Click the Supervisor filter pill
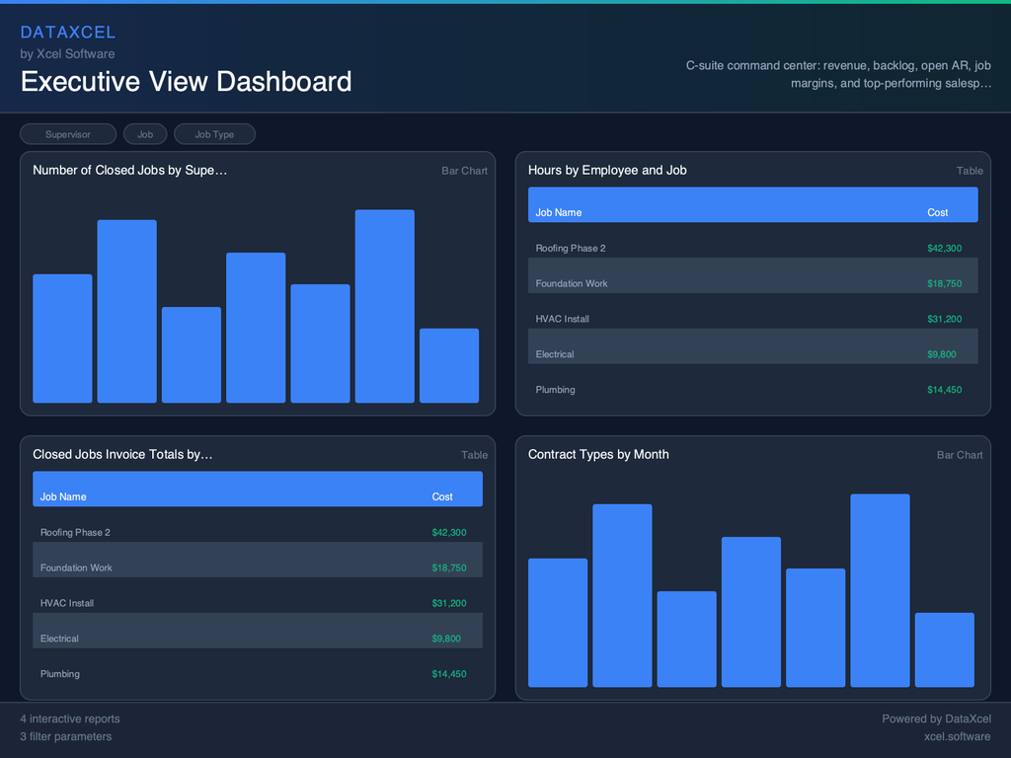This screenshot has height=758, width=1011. point(68,134)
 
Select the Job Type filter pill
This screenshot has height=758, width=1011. point(214,134)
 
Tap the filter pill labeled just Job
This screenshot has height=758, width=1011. point(145,134)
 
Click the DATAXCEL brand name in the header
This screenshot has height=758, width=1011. point(68,33)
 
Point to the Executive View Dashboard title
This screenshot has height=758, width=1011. point(186,81)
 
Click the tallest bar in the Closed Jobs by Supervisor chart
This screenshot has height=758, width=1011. point(384,306)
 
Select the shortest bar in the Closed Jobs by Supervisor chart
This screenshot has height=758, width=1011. point(448,365)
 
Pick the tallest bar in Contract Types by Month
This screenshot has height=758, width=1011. point(880,590)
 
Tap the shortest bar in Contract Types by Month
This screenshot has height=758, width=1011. point(944,649)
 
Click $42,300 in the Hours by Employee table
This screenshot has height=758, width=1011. point(944,249)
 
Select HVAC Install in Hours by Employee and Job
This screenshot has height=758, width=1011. point(562,319)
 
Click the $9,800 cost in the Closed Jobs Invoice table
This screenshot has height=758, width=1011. point(446,639)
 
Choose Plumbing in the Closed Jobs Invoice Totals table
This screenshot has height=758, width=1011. point(60,674)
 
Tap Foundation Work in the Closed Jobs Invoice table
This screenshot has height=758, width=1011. point(76,568)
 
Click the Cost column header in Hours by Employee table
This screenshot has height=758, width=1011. point(937,212)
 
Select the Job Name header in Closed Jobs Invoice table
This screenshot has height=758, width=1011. point(63,496)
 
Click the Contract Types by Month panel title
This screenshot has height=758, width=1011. point(598,454)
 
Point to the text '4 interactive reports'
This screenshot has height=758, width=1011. point(70,719)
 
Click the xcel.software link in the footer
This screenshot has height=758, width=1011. point(957,736)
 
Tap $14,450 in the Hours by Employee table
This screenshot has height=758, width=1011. point(944,390)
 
